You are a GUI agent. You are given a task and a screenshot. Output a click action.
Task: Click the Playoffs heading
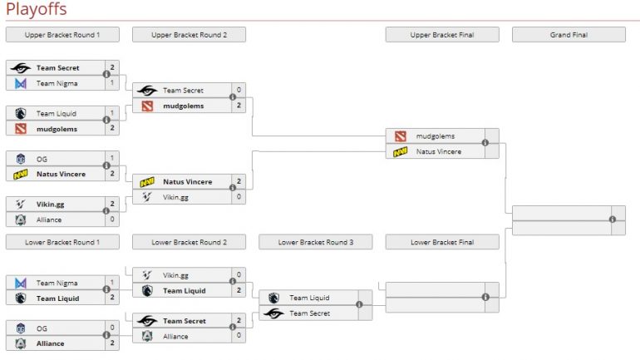pyautogui.click(x=36, y=9)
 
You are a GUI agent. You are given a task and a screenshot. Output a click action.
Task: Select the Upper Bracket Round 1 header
pyautogui.click(x=62, y=35)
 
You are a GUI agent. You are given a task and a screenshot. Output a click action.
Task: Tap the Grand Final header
pyautogui.click(x=569, y=35)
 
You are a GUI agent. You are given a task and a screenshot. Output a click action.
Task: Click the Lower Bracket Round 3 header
pyautogui.click(x=316, y=242)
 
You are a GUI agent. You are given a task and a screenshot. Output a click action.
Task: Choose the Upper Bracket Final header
pyautogui.click(x=442, y=35)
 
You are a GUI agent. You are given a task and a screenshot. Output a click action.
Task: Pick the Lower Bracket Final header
pyautogui.click(x=442, y=242)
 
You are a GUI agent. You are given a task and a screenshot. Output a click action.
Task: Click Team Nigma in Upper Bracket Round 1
pyautogui.click(x=56, y=83)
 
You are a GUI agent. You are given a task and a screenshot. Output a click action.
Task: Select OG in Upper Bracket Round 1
pyautogui.click(x=42, y=159)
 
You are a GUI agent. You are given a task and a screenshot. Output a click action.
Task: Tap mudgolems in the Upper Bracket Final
pyautogui.click(x=436, y=136)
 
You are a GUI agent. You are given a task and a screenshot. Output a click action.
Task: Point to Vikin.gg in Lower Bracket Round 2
pyautogui.click(x=176, y=274)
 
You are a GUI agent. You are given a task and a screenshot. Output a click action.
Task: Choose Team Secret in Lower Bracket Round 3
pyautogui.click(x=310, y=313)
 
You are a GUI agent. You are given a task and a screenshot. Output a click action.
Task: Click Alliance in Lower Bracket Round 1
pyautogui.click(x=50, y=343)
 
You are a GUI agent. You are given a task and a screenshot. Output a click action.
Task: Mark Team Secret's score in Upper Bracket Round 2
pyautogui.click(x=239, y=91)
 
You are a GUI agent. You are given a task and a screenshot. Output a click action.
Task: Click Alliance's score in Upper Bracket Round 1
pyautogui.click(x=112, y=220)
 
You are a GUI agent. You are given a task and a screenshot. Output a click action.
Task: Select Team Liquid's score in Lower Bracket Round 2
pyautogui.click(x=239, y=291)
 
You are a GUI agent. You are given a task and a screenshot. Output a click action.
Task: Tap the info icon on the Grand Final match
pyautogui.click(x=612, y=219)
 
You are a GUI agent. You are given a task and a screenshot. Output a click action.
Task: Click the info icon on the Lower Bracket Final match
pyautogui.click(x=485, y=297)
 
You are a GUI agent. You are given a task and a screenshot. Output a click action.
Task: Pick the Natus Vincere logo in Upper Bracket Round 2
pyautogui.click(x=147, y=181)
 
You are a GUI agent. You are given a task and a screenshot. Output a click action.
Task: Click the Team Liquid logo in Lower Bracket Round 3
pyautogui.click(x=274, y=298)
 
